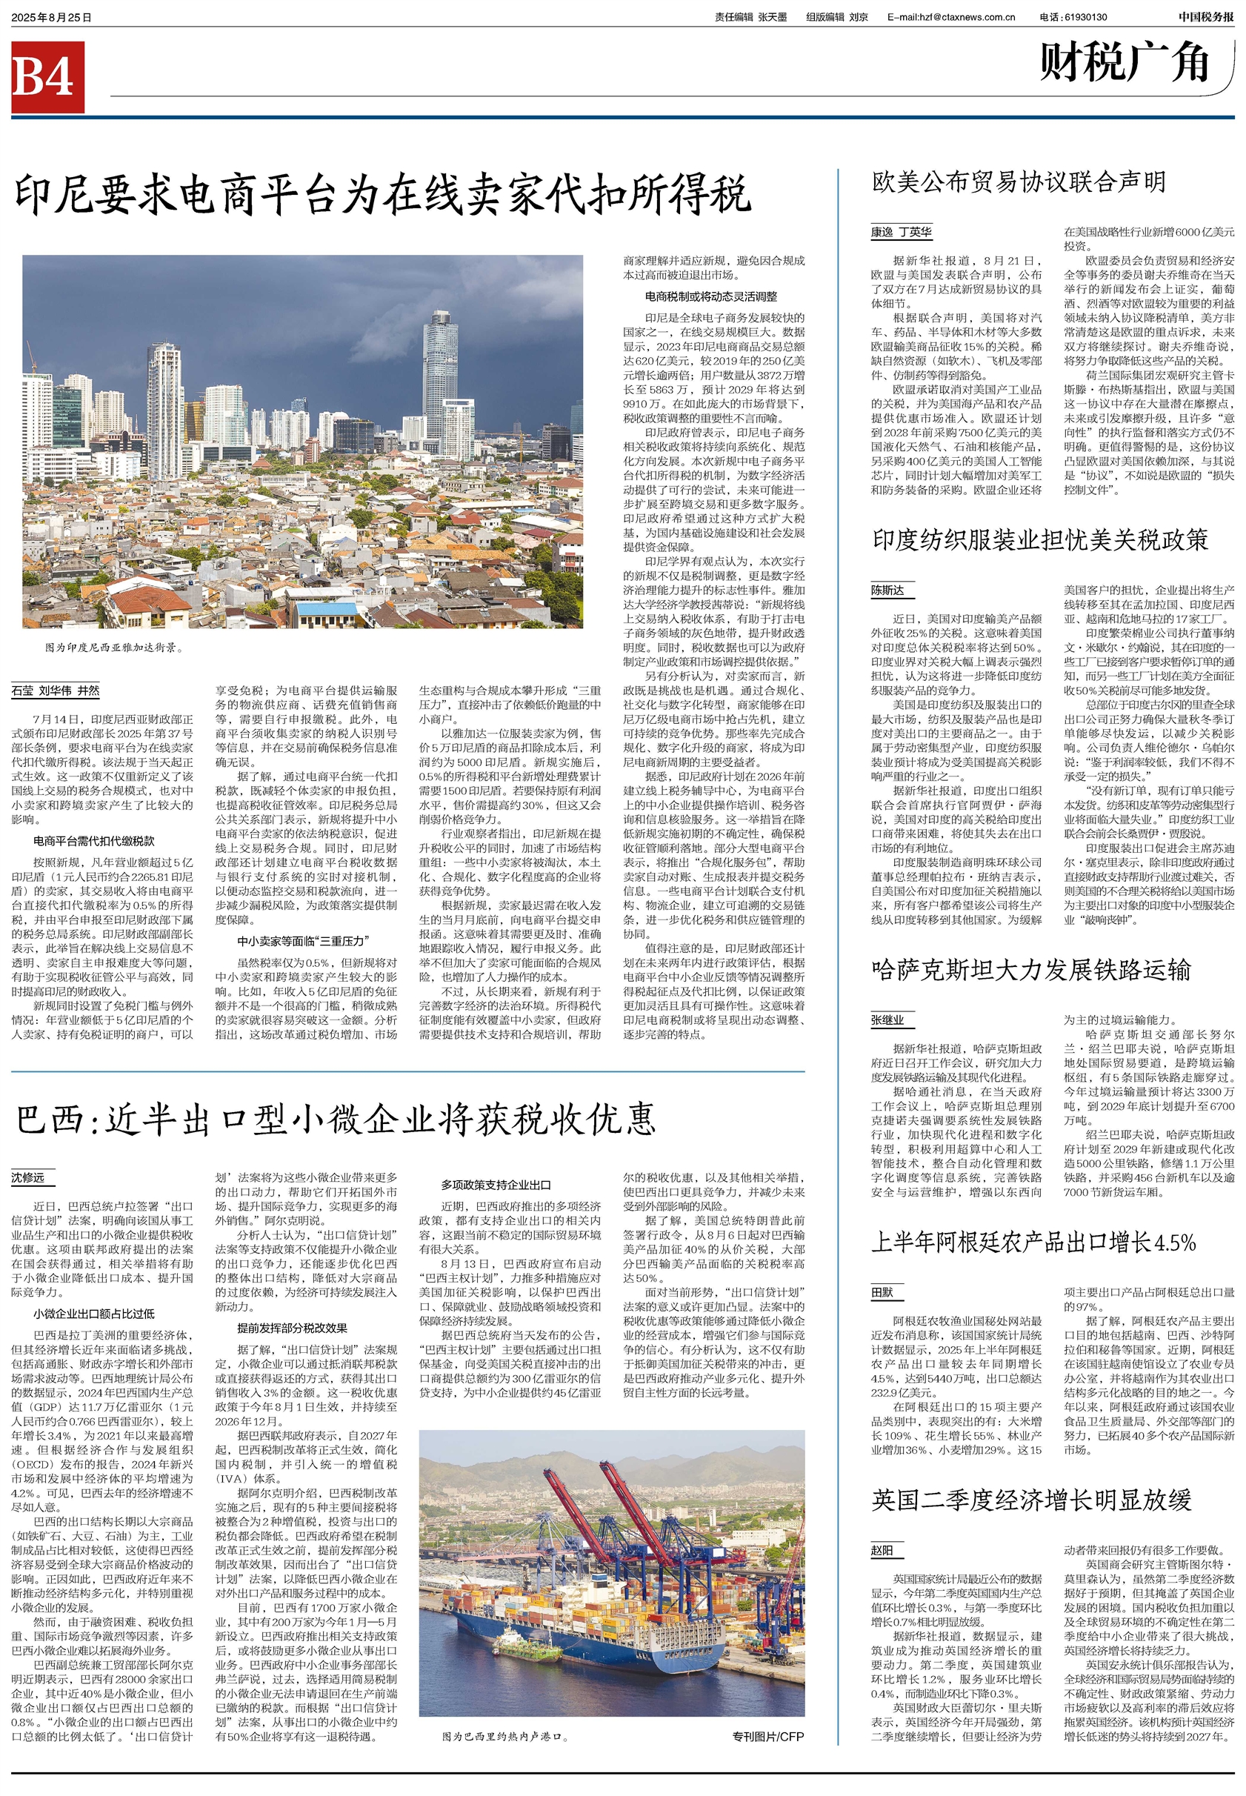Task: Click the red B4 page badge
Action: (x=47, y=77)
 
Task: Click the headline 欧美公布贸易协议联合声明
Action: (x=1018, y=183)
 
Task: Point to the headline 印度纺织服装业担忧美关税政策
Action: (x=1040, y=539)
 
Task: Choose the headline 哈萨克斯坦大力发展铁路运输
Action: (x=1031, y=970)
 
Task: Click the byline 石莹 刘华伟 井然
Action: (x=56, y=691)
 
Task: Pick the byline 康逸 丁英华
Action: (x=901, y=232)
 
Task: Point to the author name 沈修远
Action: (x=28, y=1177)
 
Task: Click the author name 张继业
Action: (x=887, y=1020)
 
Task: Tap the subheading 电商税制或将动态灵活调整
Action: (x=710, y=296)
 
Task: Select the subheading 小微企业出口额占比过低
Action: (x=93, y=1314)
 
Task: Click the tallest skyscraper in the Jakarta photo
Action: (x=440, y=375)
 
